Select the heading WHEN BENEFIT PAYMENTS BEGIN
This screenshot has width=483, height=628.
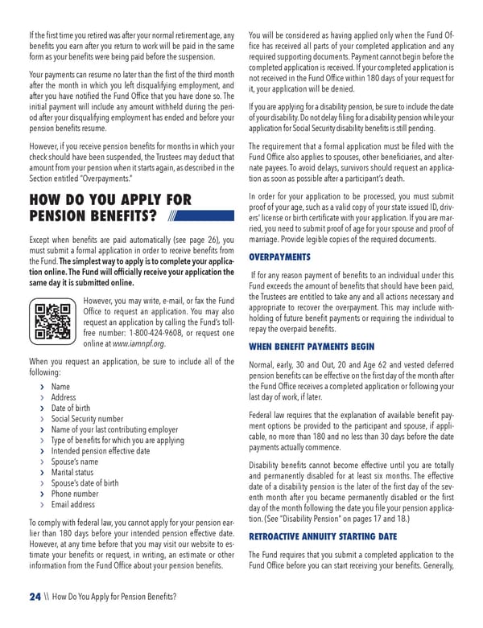[312, 347]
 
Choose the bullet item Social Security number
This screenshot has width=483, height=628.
[87, 419]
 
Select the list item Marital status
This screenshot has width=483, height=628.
[72, 473]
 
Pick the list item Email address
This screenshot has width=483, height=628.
[74, 505]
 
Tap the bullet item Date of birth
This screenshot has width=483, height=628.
[71, 408]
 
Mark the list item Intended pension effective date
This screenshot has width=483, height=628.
[101, 451]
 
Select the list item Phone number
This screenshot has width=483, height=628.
[75, 495]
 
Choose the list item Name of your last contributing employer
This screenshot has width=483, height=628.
[114, 430]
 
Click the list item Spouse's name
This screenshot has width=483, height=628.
[75, 462]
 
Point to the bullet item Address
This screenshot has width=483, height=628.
[64, 397]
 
